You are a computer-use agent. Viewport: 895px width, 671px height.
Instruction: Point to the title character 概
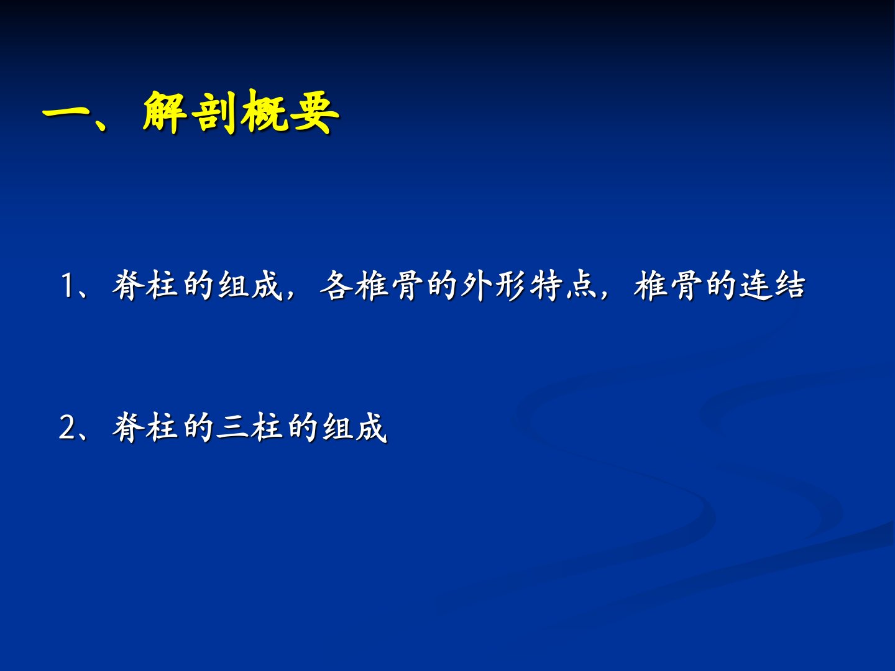(264, 111)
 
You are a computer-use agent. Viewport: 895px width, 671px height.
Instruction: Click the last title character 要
(314, 111)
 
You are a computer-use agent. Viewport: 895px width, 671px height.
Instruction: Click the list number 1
(67, 286)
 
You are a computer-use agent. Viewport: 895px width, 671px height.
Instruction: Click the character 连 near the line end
(755, 285)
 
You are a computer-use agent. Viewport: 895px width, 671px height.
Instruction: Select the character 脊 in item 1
(128, 285)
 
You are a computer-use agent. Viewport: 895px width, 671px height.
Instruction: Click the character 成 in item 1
(267, 285)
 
